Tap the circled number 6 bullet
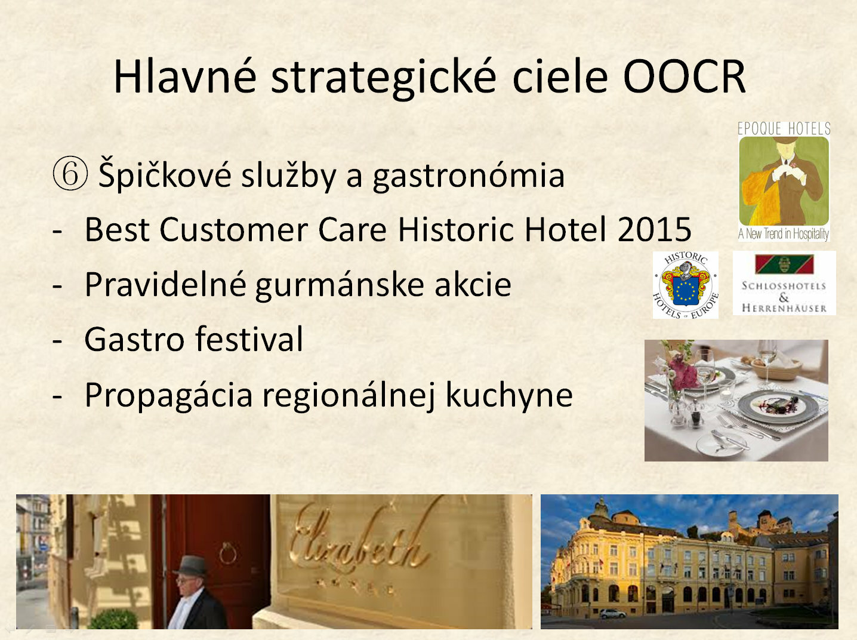pos(70,174)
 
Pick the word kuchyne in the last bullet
pos(509,396)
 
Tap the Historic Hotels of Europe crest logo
pos(686,285)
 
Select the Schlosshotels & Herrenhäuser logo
pos(784,283)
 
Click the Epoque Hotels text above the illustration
pos(784,128)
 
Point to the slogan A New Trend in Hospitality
pos(784,233)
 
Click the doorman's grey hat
pos(191,566)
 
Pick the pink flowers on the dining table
pos(683,371)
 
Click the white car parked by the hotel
pos(612,614)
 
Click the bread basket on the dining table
pos(776,368)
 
